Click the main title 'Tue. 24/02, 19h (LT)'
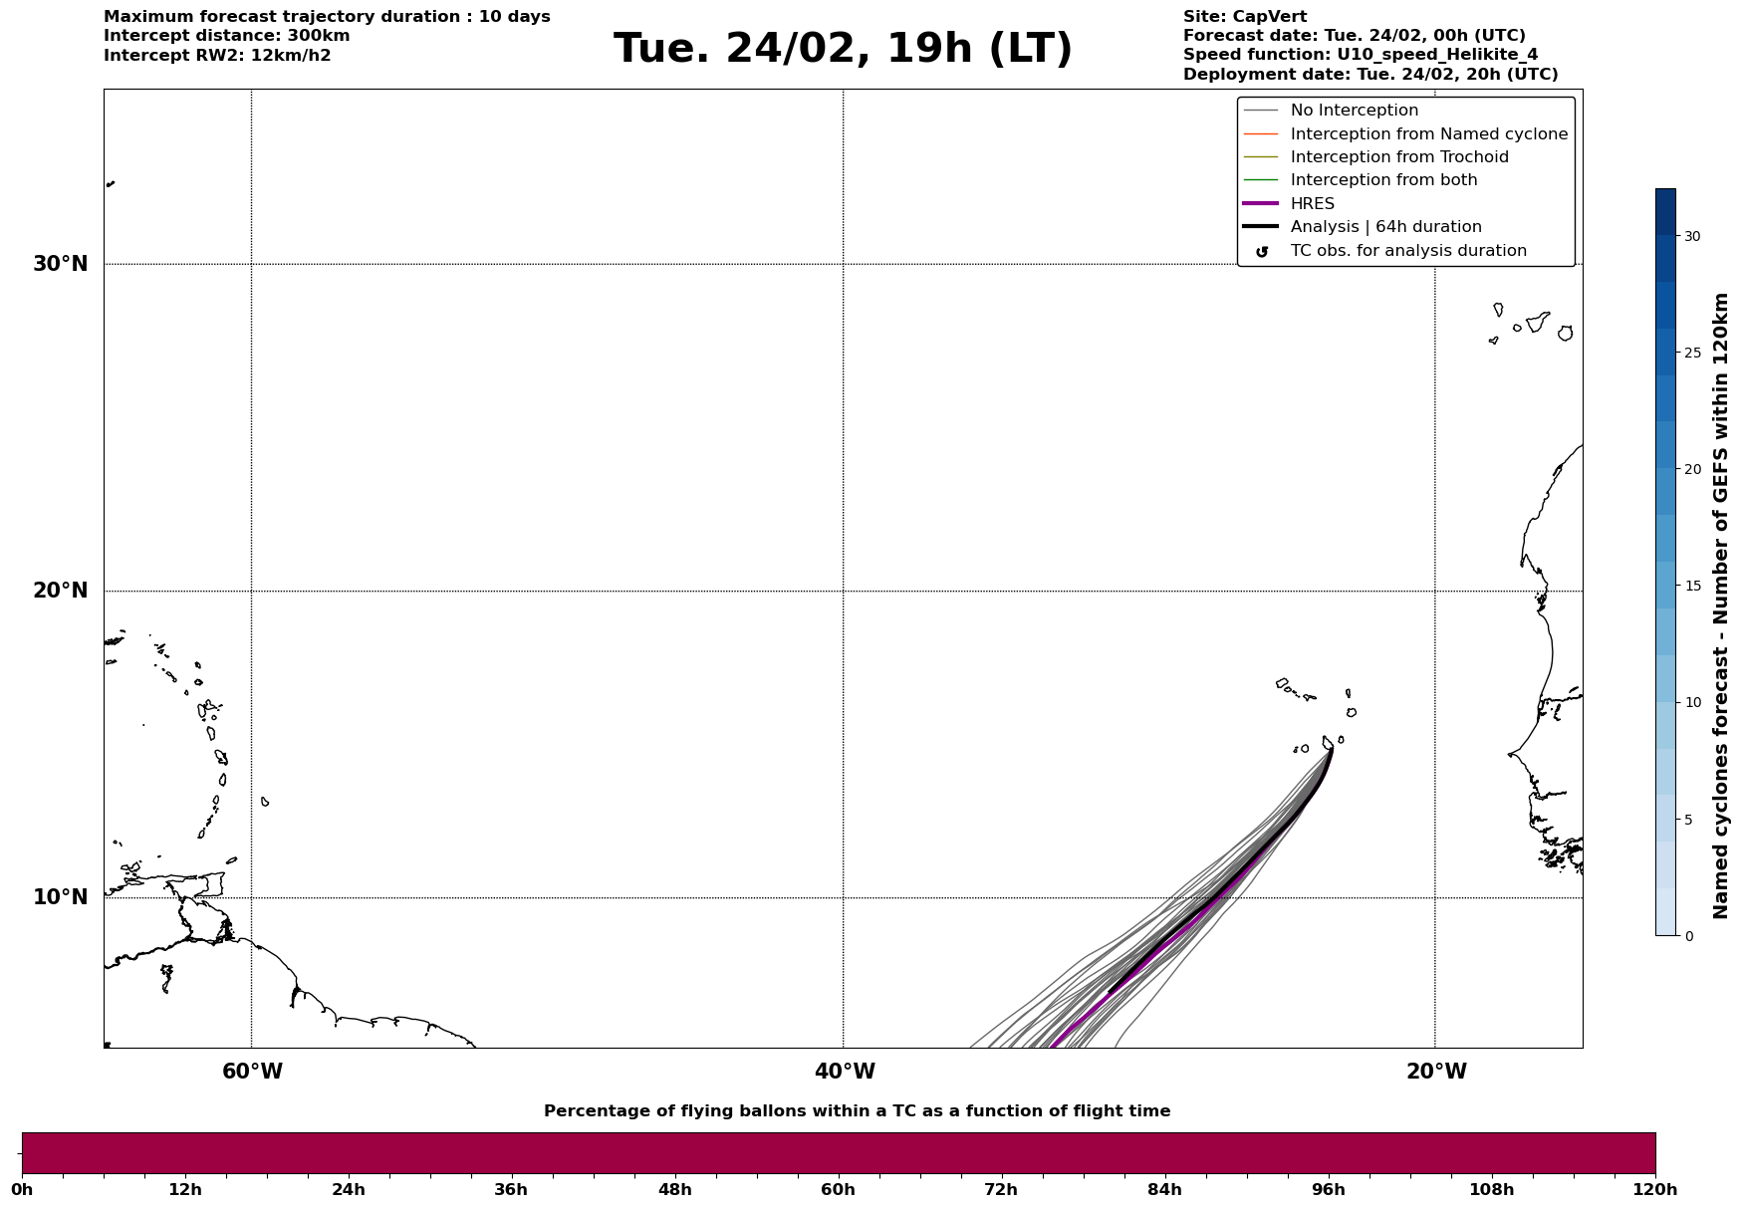point(843,49)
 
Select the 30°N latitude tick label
point(61,264)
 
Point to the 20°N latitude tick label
point(61,591)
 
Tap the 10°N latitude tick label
point(61,897)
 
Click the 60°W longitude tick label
point(252,1072)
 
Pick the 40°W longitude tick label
point(845,1072)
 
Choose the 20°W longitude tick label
point(1436,1072)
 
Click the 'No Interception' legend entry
point(1354,111)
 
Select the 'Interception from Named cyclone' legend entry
point(1428,134)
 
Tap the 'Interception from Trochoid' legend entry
point(1398,157)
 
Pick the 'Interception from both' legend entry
point(1383,180)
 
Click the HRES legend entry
point(1312,204)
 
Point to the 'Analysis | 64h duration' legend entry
point(1385,227)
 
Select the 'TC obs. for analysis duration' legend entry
point(1407,251)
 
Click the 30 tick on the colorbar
point(1692,236)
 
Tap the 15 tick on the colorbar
point(1692,586)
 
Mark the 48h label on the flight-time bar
point(674,1190)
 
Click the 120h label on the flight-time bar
point(1655,1190)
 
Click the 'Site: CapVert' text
point(1244,17)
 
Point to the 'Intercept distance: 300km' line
point(226,36)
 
